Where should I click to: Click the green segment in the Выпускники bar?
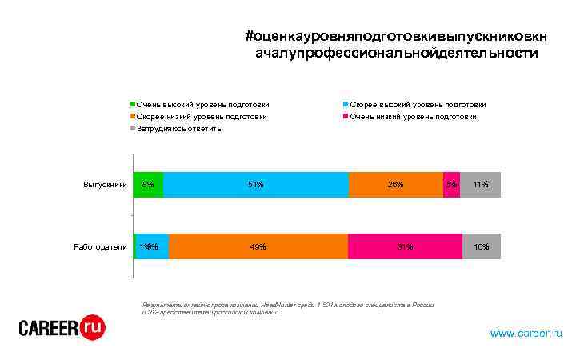[148, 185]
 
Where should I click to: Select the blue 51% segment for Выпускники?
[255, 185]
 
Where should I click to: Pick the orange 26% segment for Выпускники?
[395, 185]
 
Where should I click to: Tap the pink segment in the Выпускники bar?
[451, 185]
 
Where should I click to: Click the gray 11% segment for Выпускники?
[481, 185]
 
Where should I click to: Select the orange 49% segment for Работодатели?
[258, 246]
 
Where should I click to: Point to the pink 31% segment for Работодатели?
[405, 246]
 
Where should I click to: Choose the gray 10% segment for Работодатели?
[482, 246]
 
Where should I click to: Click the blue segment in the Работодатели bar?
[153, 246]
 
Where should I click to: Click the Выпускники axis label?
[106, 185]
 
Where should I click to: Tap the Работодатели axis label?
[101, 246]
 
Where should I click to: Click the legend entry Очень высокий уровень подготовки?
[202, 104]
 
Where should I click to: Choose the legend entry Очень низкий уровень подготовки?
[413, 116]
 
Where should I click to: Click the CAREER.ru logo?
[62, 328]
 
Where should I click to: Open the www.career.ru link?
[526, 332]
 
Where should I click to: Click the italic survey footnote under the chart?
[287, 309]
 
